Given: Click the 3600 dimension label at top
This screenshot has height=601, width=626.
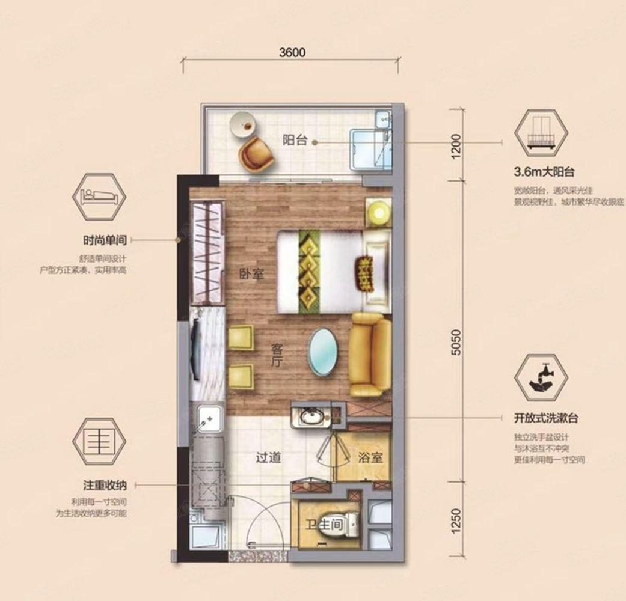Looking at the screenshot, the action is click(292, 53).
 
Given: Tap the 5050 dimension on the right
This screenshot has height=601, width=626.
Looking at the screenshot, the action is click(456, 343).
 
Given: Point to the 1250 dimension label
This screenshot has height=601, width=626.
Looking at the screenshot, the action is click(456, 520).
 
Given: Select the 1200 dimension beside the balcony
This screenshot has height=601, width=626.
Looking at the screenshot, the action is click(456, 146).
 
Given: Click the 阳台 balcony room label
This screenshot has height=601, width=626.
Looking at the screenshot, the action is click(295, 141).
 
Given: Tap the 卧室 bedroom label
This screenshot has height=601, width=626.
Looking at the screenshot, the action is click(252, 274).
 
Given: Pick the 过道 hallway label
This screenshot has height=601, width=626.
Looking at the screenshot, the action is click(268, 457).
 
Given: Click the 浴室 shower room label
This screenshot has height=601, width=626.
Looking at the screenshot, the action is click(370, 457).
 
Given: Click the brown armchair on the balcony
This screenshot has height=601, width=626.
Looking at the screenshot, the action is click(256, 154).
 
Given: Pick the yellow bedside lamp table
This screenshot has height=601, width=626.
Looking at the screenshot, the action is click(378, 212).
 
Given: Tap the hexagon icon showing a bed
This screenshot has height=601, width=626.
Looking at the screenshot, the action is click(99, 197).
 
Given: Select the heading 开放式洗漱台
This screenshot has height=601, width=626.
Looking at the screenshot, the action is click(546, 418).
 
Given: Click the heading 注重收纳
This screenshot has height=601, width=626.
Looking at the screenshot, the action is click(105, 485).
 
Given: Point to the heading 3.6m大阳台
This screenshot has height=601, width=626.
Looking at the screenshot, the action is click(544, 172).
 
